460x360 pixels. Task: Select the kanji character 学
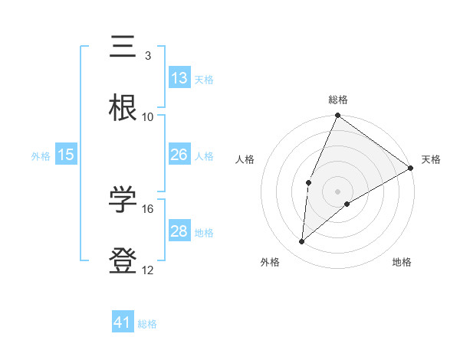coord(124,201)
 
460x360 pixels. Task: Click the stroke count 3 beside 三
coord(147,56)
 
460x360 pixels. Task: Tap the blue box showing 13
coord(179,78)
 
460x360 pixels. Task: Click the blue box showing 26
coord(179,155)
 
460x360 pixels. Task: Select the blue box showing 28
coord(179,231)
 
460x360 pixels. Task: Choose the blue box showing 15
coord(66,155)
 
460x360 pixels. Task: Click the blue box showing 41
coord(123,322)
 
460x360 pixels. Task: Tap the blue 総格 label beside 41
coord(147,324)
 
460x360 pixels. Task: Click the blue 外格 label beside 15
coord(41,156)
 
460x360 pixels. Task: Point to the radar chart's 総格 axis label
coord(338,100)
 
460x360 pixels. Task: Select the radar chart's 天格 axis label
coord(431,159)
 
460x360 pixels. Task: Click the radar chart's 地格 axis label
coord(402,262)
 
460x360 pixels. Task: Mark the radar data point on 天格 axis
coord(411,169)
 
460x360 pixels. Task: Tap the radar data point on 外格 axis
coord(302,242)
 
